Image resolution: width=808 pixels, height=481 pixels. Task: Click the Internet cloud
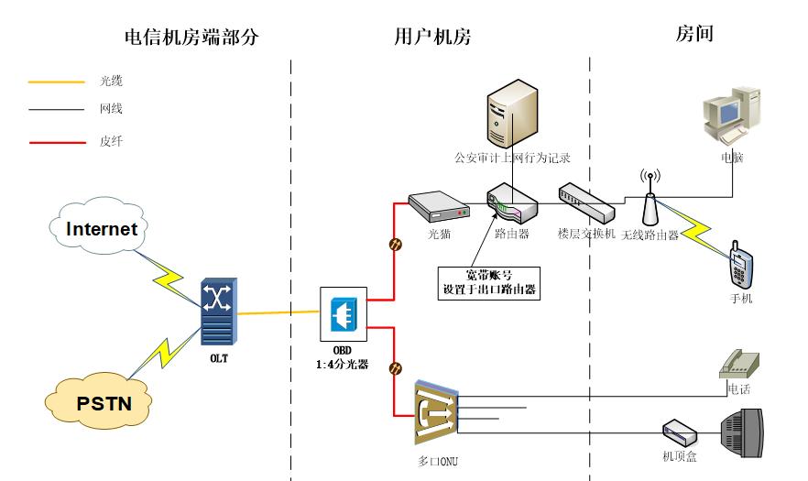coord(101,229)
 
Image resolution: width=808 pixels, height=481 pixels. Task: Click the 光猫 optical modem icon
coord(439,208)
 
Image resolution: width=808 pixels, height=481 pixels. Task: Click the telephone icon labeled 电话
coord(740,364)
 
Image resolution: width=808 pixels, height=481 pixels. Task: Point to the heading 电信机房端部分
coord(192,38)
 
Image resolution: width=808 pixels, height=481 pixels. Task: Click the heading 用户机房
coord(432,38)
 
